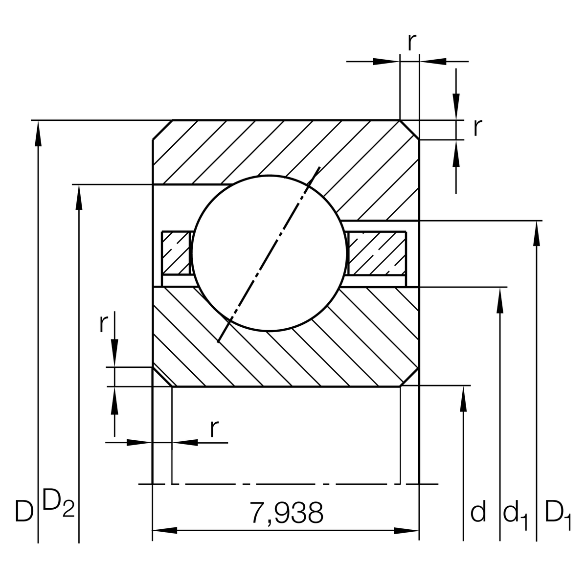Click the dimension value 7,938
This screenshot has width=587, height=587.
coord(286,513)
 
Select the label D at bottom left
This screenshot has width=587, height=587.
coord(23,511)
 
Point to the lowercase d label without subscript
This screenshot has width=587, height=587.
coord(478,512)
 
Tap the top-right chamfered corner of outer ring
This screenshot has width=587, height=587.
coord(409,130)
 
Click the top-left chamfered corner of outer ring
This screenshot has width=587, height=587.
coord(162,130)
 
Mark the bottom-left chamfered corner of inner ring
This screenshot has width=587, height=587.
coord(162,376)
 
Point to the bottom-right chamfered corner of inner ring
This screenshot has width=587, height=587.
coord(409,377)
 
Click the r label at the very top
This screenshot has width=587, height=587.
coord(412,43)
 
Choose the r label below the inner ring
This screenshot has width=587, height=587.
coord(213,429)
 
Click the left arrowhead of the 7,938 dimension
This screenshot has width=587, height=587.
coord(164,530)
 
